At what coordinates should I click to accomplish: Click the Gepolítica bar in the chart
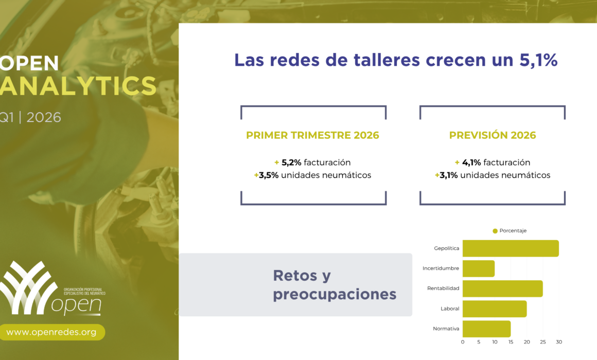click(511, 248)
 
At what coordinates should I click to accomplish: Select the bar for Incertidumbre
click(479, 268)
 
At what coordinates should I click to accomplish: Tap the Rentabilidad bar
click(503, 289)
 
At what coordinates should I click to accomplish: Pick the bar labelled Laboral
click(495, 309)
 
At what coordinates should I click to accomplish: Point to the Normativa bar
click(486, 329)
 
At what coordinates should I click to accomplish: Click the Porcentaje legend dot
click(495, 231)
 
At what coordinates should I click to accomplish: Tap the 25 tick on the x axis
click(543, 342)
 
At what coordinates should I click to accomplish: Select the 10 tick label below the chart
click(495, 342)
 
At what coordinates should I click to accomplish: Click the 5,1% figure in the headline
click(538, 60)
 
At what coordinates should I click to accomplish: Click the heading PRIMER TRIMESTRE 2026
click(312, 135)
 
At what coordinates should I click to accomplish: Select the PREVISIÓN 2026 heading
click(493, 135)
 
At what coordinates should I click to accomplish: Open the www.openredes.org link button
click(52, 332)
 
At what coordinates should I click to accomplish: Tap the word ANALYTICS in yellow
click(78, 85)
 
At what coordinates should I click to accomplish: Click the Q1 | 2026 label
click(30, 117)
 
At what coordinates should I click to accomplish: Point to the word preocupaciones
click(335, 295)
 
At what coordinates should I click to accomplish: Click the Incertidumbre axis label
click(441, 268)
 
